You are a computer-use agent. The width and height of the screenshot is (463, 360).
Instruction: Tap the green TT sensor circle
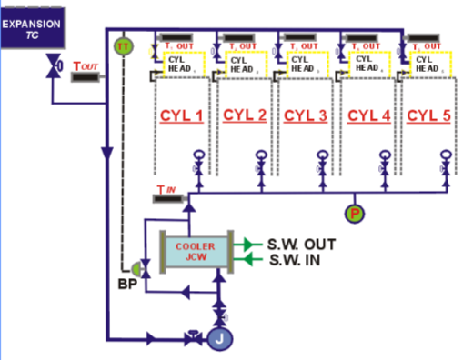(122, 45)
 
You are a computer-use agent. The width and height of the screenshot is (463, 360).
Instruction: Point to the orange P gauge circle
(354, 213)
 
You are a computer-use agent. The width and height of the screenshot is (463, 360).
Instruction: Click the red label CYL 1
(181, 115)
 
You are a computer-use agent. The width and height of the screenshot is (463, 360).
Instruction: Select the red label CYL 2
(244, 115)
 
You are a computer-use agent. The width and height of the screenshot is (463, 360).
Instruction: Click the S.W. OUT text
(301, 245)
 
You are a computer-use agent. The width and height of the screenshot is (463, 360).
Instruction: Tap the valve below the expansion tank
(53, 68)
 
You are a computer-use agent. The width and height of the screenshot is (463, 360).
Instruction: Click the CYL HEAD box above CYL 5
(429, 64)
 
